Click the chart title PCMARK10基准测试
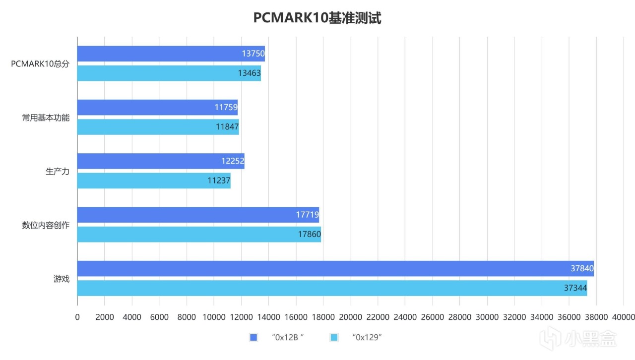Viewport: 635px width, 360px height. tap(317, 18)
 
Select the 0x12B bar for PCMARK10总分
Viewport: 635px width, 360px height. tap(171, 54)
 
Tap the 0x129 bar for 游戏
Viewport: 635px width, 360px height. tap(332, 288)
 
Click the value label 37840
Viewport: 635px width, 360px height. tap(582, 269)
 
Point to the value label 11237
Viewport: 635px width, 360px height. tap(219, 180)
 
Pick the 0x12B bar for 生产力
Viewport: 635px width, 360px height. tap(161, 161)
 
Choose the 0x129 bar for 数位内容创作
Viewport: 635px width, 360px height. tap(199, 235)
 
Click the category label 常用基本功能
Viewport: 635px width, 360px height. tap(46, 118)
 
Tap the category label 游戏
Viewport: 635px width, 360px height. tap(62, 279)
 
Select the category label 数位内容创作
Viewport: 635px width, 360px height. tap(46, 225)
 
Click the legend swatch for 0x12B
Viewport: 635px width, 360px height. tap(254, 338)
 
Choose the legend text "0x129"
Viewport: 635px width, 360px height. tap(366, 338)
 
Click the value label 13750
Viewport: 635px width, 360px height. tap(253, 54)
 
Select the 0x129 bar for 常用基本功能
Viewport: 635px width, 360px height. tap(158, 127)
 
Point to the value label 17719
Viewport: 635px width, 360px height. tap(307, 215)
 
